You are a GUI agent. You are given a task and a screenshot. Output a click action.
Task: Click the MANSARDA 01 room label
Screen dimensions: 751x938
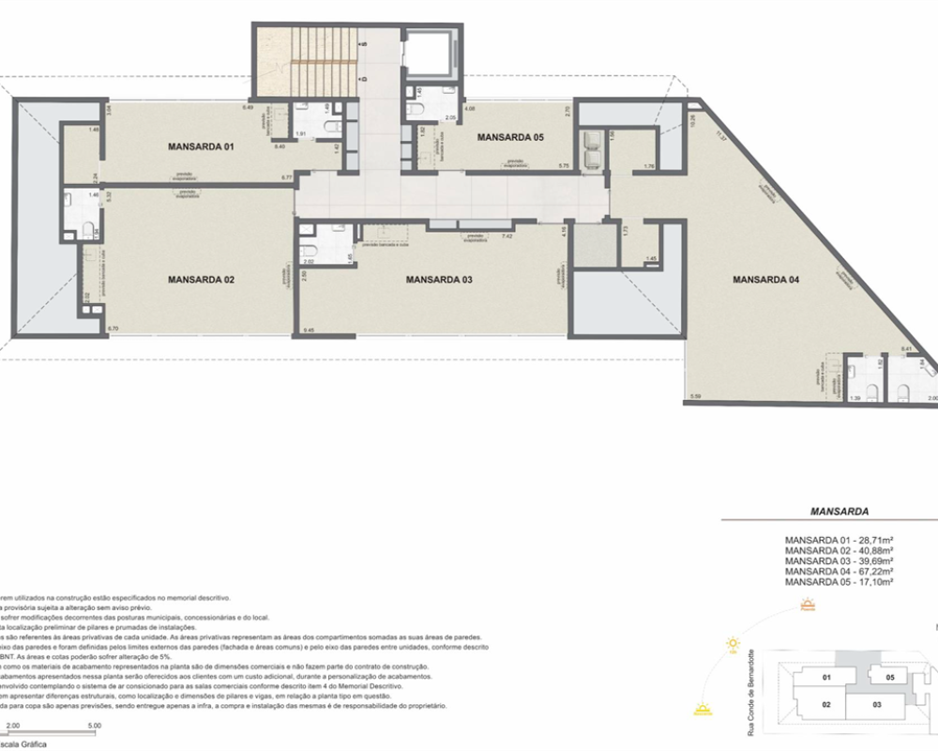tap(200, 146)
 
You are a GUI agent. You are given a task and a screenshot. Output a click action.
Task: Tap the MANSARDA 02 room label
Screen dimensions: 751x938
tap(200, 280)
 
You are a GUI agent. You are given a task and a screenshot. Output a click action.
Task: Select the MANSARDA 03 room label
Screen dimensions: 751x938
tap(438, 280)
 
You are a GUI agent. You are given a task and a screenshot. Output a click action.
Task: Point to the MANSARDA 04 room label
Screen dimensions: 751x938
tap(764, 280)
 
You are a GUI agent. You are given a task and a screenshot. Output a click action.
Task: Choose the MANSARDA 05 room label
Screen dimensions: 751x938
tap(510, 137)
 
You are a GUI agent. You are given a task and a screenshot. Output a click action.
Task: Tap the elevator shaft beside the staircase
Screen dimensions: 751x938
tap(429, 55)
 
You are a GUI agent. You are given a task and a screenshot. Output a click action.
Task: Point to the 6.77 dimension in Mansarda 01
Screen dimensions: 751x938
tap(286, 176)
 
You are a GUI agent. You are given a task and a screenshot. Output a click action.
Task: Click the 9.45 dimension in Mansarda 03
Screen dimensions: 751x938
tap(309, 330)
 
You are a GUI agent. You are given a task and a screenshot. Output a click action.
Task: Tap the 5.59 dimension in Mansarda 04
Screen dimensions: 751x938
tap(695, 397)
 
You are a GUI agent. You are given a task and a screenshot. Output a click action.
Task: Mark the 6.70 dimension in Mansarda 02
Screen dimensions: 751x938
tap(113, 328)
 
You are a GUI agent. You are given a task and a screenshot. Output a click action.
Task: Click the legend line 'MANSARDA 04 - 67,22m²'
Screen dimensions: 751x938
tap(838, 571)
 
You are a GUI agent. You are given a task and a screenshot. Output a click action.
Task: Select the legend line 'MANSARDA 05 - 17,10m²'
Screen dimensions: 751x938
tap(838, 582)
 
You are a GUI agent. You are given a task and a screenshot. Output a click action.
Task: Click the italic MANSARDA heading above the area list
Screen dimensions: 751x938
tap(838, 513)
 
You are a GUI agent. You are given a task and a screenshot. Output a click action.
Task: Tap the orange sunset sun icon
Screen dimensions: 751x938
tap(702, 709)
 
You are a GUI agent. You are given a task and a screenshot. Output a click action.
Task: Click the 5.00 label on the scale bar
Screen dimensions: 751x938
tap(94, 726)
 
